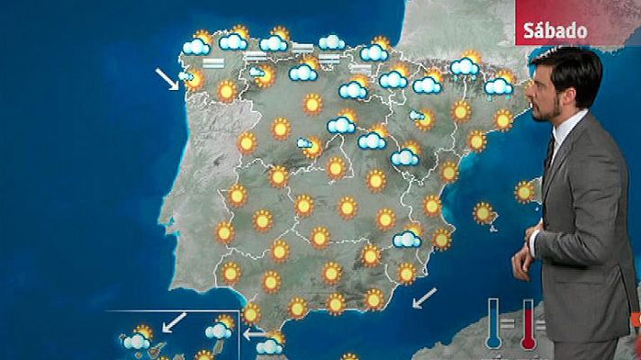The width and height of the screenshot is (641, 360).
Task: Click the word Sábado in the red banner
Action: tap(555, 31)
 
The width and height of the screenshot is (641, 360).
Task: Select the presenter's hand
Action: tap(523, 261)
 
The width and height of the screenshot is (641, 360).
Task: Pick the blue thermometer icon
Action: tap(493, 323)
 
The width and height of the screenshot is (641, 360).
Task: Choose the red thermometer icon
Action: tap(528, 323)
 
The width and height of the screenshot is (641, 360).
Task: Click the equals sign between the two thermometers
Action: tap(510, 320)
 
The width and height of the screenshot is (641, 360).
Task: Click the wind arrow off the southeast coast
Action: tap(424, 296)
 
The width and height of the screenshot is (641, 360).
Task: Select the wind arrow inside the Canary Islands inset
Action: tap(175, 320)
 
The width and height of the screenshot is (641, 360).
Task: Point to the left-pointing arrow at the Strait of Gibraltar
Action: tap(256, 333)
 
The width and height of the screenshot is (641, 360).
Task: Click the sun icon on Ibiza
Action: tap(484, 212)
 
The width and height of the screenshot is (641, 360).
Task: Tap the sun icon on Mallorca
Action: tap(525, 191)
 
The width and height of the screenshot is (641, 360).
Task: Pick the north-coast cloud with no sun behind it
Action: tap(331, 41)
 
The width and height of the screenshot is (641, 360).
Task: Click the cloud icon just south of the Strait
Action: tap(269, 346)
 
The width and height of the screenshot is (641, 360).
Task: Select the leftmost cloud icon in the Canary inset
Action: tap(136, 340)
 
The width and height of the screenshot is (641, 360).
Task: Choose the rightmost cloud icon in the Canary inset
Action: tap(218, 330)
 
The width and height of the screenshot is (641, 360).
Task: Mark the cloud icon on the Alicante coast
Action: tap(407, 238)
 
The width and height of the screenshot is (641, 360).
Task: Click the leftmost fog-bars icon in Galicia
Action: tap(213, 63)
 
